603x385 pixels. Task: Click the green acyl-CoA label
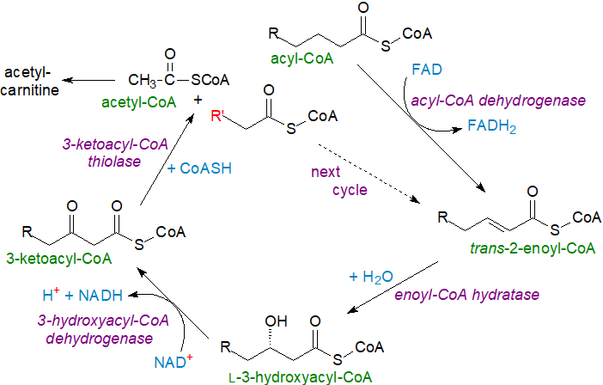(x=298, y=59)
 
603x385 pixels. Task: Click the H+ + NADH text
(x=82, y=295)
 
